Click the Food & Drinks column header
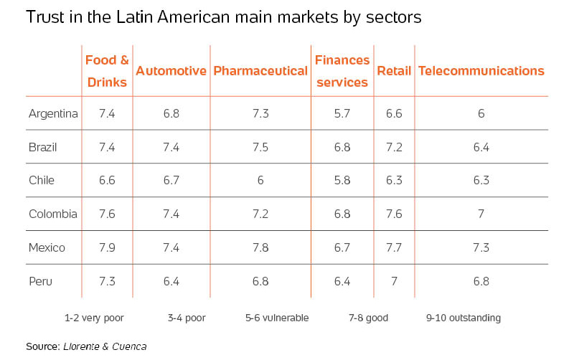[107, 71]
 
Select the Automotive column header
[171, 71]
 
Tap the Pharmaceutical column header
[260, 71]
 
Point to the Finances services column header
[342, 71]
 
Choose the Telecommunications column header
[481, 71]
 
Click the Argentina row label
[53, 113]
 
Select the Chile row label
[42, 181]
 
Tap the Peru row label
[40, 281]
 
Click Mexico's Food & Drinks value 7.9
[107, 247]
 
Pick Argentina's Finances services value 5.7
[342, 113]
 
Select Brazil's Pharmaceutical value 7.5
[260, 147]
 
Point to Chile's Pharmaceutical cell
[260, 181]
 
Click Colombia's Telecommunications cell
[481, 214]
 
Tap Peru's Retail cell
[394, 281]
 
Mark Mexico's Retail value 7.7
[394, 247]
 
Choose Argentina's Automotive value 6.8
[171, 113]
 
